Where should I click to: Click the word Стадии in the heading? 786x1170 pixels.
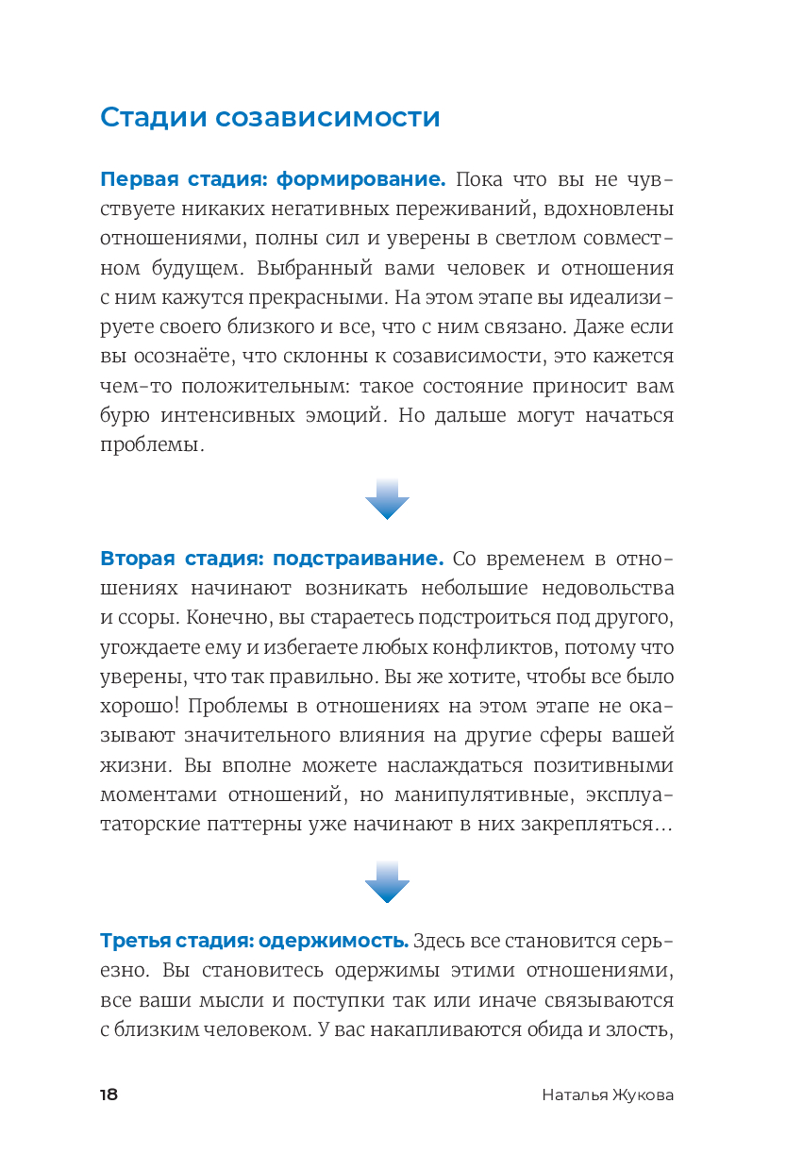(153, 118)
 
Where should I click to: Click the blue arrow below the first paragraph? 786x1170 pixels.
(387, 499)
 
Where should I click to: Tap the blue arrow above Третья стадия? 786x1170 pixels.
(387, 881)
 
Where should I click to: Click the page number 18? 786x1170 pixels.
(109, 1095)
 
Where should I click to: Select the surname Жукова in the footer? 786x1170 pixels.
(640, 1095)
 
